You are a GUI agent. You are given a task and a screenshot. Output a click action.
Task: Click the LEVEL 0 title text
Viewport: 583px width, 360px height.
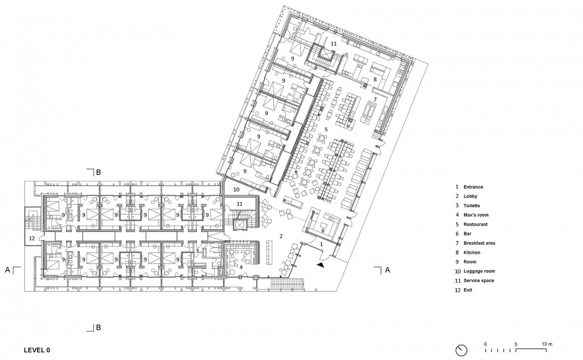tap(37, 350)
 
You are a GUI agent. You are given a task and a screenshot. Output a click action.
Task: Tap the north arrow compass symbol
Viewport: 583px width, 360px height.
tap(461, 350)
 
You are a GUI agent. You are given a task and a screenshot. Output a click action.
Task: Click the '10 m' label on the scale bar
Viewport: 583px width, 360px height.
tap(547, 344)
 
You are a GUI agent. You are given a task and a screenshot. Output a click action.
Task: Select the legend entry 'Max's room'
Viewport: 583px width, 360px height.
tap(476, 215)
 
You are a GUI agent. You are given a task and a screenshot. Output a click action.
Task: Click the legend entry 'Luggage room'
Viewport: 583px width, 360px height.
tap(479, 271)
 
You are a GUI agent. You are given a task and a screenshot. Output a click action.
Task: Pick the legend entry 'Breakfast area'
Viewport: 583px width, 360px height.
tap(479, 243)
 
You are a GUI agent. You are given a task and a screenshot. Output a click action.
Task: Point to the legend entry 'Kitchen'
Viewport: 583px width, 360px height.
tap(472, 253)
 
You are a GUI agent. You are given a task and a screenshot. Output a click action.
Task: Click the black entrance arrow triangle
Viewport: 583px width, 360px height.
tap(321, 265)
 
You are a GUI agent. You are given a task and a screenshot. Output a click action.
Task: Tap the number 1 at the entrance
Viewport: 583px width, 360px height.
tap(322, 244)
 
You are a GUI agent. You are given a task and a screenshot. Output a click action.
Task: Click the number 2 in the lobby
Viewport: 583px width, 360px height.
tap(281, 236)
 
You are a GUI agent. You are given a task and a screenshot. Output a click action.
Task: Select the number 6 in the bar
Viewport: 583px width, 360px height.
tap(322, 231)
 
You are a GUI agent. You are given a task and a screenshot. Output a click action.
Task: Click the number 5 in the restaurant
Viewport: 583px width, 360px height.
tap(326, 129)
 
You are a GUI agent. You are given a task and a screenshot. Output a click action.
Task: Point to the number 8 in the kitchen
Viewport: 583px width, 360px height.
tap(375, 79)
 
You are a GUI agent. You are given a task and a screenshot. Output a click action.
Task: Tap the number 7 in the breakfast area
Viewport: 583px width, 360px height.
tap(375, 100)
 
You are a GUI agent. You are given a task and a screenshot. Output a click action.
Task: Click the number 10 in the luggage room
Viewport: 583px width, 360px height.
tap(236, 190)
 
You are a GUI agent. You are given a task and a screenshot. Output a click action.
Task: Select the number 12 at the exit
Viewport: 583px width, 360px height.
tap(32, 238)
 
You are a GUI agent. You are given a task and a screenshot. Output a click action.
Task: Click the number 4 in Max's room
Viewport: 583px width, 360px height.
tap(241, 267)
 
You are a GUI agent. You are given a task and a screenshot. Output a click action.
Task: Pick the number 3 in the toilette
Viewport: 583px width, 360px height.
tap(197, 251)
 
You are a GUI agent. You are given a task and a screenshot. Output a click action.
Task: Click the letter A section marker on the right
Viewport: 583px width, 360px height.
tap(387, 270)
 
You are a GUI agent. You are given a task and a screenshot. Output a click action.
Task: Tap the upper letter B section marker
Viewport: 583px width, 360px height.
tap(98, 172)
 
